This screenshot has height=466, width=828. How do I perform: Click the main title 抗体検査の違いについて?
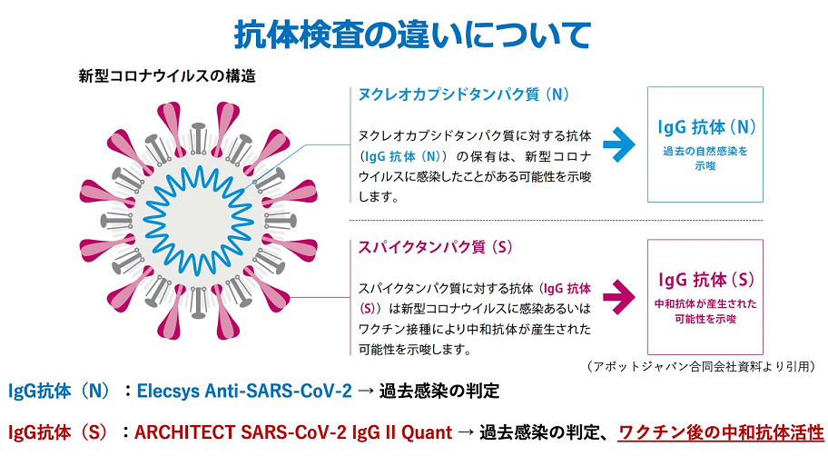coord(412,35)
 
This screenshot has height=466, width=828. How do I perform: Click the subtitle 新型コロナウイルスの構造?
coord(167,76)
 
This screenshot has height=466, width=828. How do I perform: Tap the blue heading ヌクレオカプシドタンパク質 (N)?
coord(464,94)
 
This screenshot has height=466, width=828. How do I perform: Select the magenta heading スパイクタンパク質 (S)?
coord(436,247)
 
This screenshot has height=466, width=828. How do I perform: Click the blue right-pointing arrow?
coord(619,144)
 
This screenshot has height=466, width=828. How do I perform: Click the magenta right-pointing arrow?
coord(619,296)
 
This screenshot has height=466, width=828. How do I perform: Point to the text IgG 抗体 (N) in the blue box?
coord(706,127)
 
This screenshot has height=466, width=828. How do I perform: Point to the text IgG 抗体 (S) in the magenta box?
coord(706,280)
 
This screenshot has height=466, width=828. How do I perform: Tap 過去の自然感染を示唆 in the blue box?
coord(705,158)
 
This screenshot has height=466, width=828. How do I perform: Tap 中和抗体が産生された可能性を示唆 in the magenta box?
coord(705,312)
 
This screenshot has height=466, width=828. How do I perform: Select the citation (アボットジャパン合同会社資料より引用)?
coord(701,366)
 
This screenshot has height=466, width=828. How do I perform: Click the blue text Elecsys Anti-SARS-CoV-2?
coord(244,391)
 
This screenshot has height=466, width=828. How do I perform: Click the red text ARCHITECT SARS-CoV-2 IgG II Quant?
coord(293,432)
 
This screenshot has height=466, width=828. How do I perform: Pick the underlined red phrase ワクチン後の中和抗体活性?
coord(721,432)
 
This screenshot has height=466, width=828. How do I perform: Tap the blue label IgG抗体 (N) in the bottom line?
coord(59,391)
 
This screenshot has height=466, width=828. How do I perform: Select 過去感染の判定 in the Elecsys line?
coord(439,391)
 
